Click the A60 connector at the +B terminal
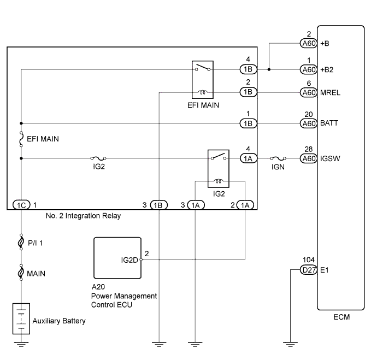pyautogui.click(x=309, y=44)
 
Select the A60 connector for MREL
pyautogui.click(x=309, y=92)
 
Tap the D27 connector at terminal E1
pyautogui.click(x=309, y=270)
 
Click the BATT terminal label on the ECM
pyautogui.click(x=329, y=123)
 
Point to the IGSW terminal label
pyautogui.click(x=330, y=158)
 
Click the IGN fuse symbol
pyautogui.click(x=278, y=158)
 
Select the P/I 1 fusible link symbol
pyautogui.click(x=21, y=242)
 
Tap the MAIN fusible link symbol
pyautogui.click(x=21, y=273)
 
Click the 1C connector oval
pyautogui.click(x=21, y=205)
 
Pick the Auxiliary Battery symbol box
pyautogui.click(x=21, y=318)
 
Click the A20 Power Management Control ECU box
pyautogui.click(x=117, y=258)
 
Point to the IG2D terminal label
pyautogui.click(x=129, y=260)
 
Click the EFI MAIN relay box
pyautogui.click(x=203, y=80)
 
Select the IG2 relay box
pyautogui.click(x=219, y=168)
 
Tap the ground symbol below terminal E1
pyautogui.click(x=290, y=344)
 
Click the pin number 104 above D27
pyautogui.click(x=309, y=260)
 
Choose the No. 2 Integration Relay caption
pyautogui.click(x=83, y=216)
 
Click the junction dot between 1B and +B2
pyautogui.click(x=269, y=69)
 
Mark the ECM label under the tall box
pyautogui.click(x=341, y=317)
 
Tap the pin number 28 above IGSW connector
pyautogui.click(x=309, y=149)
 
